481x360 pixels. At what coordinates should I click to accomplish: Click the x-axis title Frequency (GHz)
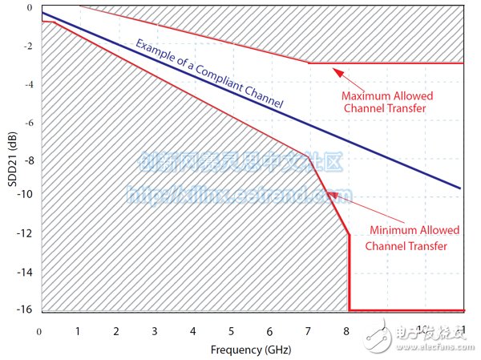click(251, 350)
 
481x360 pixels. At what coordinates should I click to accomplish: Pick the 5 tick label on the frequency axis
click(232, 331)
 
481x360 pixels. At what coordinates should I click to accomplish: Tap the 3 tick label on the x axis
click(154, 331)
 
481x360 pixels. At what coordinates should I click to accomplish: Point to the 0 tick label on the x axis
click(38, 331)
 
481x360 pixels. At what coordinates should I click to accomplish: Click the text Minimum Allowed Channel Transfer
click(414, 238)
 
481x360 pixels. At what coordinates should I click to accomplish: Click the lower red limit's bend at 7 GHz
click(309, 155)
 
